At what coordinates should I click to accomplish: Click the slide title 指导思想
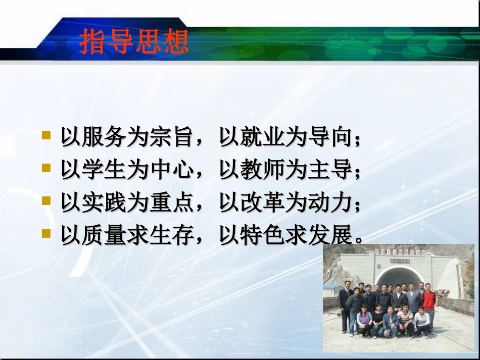(134, 42)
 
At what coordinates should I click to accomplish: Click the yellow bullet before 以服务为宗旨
(46, 135)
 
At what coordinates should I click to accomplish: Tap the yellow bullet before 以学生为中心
(46, 168)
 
